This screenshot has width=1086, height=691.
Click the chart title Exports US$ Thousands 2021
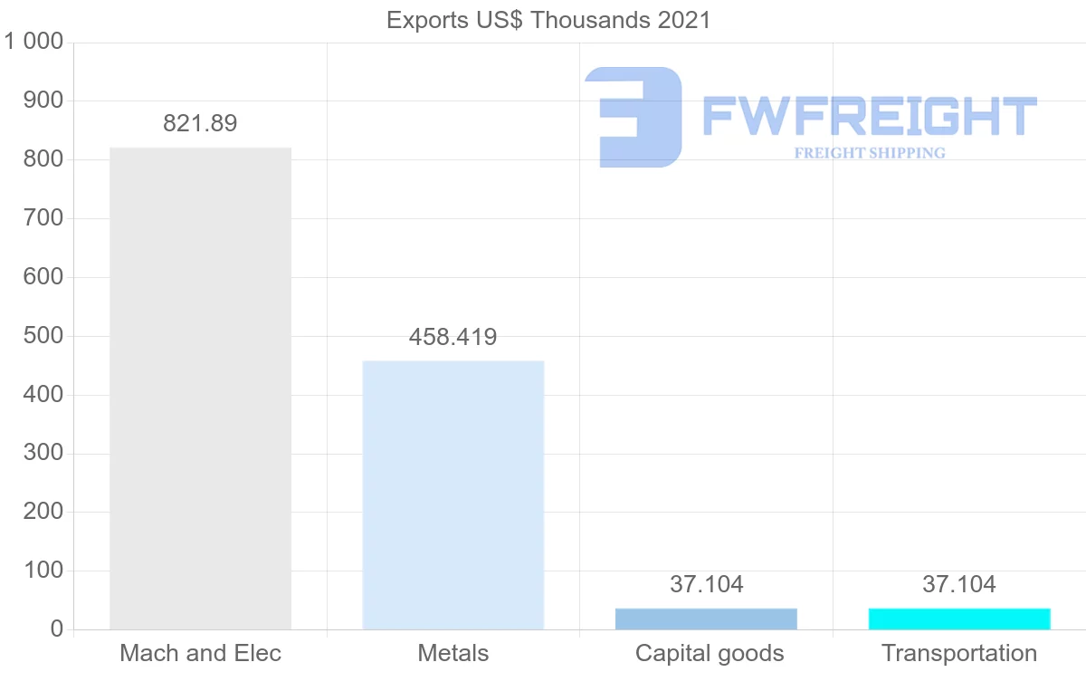pyautogui.click(x=548, y=20)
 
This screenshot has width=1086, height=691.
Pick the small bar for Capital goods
pyautogui.click(x=706, y=619)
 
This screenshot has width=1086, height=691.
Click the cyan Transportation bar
pyautogui.click(x=959, y=619)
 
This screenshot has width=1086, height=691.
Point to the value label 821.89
pyautogui.click(x=200, y=124)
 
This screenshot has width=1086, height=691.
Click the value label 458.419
pyautogui.click(x=452, y=338)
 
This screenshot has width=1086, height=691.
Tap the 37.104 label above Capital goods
pyautogui.click(x=706, y=585)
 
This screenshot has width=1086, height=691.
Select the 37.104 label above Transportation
pyautogui.click(x=959, y=585)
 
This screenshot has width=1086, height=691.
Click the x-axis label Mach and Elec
pyautogui.click(x=200, y=653)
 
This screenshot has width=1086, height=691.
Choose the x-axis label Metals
pyautogui.click(x=452, y=653)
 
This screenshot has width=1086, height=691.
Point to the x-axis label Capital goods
pyautogui.click(x=710, y=653)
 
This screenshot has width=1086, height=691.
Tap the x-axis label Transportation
pyautogui.click(x=959, y=653)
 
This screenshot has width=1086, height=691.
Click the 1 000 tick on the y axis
pyautogui.click(x=34, y=42)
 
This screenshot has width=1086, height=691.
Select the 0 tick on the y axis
pyautogui.click(x=57, y=629)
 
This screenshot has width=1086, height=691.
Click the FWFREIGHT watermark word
pyautogui.click(x=869, y=117)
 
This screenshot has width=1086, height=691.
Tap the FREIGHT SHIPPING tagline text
pyautogui.click(x=870, y=153)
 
